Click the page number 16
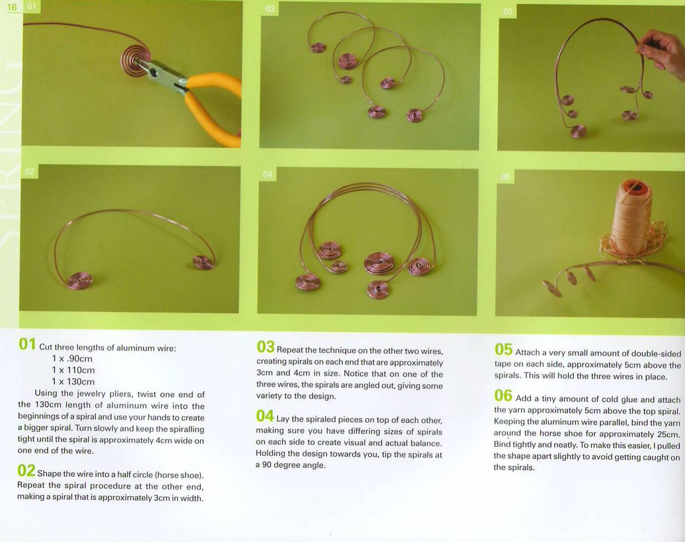[12, 7]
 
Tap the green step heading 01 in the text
[27, 345]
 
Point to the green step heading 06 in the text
[503, 396]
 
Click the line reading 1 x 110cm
[73, 370]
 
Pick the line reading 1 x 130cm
[73, 382]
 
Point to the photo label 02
[29, 172]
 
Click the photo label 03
[269, 9]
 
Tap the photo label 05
[507, 11]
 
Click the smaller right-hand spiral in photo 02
[204, 262]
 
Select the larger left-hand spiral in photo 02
[79, 280]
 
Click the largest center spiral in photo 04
[379, 263]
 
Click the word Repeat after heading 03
[289, 350]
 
